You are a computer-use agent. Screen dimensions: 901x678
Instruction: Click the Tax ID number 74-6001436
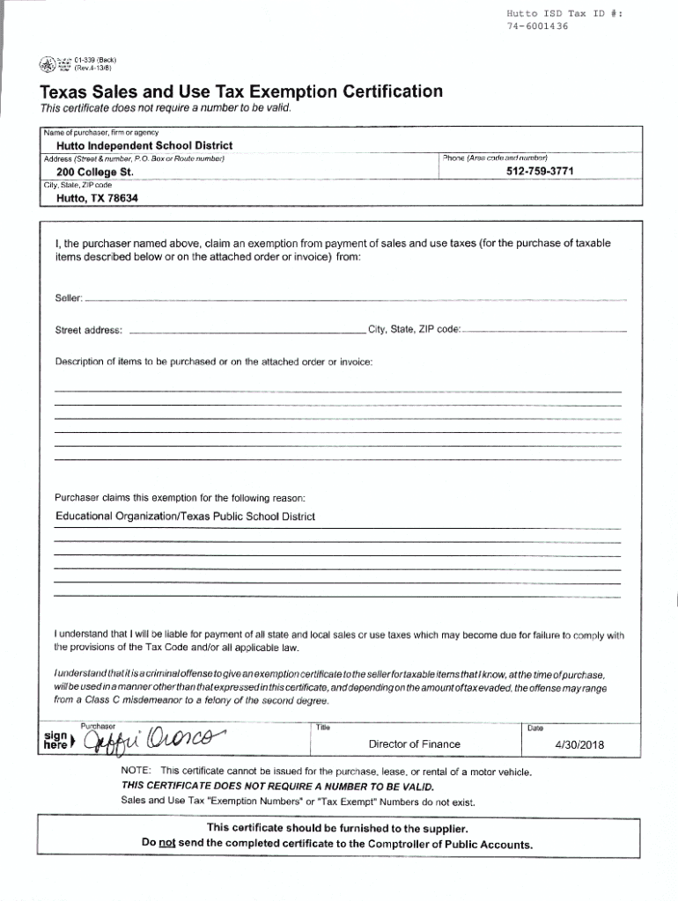click(537, 26)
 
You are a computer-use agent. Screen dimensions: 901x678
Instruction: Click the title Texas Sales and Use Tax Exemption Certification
click(240, 92)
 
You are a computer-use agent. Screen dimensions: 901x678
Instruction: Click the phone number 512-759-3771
click(540, 172)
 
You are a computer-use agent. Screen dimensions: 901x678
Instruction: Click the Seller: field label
click(69, 300)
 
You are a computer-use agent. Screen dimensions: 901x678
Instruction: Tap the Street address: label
click(89, 331)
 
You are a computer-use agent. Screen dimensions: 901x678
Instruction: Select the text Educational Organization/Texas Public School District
click(185, 516)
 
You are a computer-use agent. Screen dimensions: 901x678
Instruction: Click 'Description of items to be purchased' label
click(214, 362)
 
